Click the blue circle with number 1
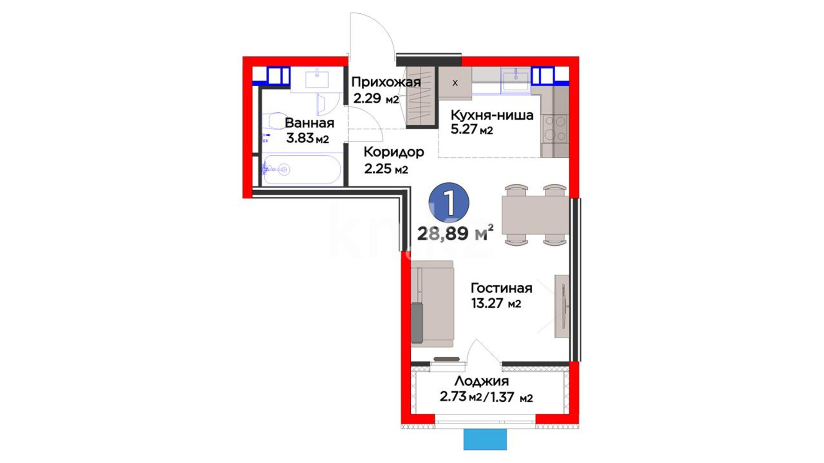(449, 203)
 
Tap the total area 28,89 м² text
(455, 234)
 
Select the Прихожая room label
(386, 82)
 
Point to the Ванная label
(309, 123)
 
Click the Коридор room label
(394, 152)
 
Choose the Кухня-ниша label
(492, 115)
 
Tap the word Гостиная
(501, 288)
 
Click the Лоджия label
(482, 381)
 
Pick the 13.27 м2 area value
(496, 304)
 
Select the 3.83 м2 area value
(307, 138)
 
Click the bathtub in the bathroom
(302, 170)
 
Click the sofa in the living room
(432, 304)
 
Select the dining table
(535, 215)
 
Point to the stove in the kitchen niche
(554, 129)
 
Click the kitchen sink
(516, 80)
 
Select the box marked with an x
(455, 83)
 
